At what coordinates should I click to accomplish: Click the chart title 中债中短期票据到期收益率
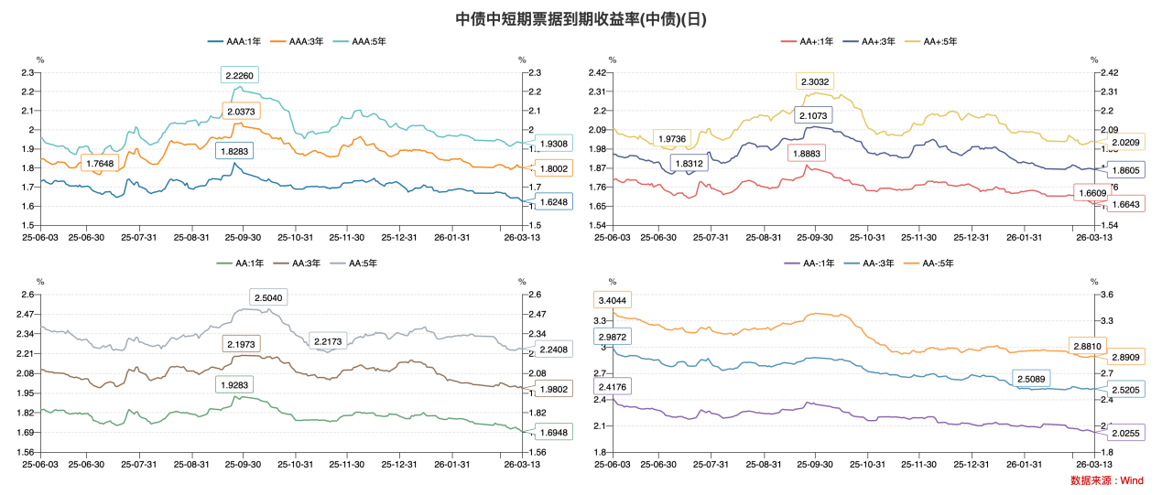point(581,18)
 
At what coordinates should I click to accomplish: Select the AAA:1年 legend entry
point(233,41)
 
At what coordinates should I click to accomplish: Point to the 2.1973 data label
point(241,343)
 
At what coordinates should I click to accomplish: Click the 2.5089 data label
point(1035,379)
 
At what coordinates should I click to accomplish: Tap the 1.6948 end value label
point(554,432)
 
